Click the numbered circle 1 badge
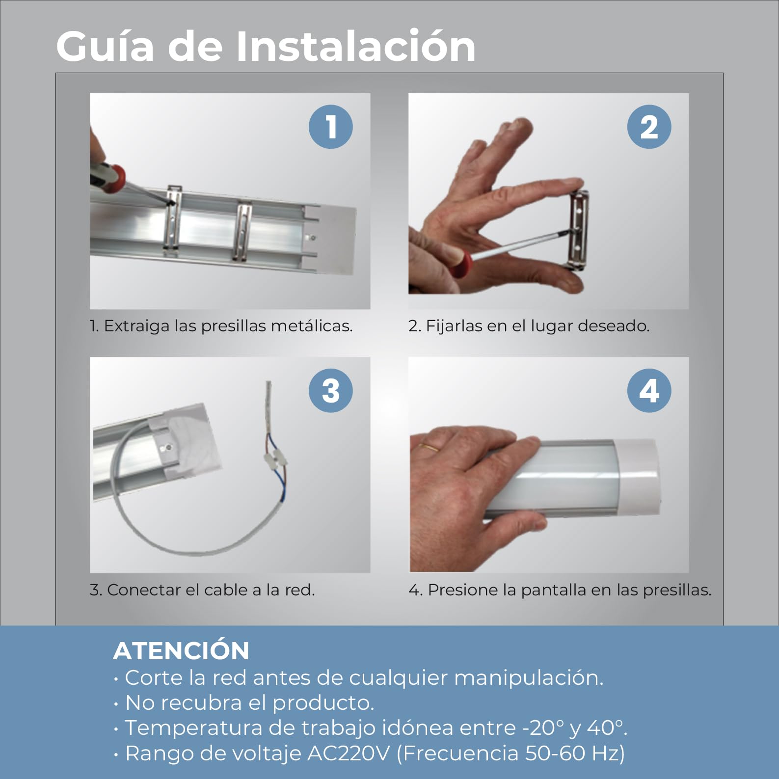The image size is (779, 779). tap(330, 127)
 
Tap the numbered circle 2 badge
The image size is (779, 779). tap(649, 127)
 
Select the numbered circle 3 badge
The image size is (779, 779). tap(330, 391)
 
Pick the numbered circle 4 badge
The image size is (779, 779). tap(649, 391)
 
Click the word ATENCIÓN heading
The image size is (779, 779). tap(181, 651)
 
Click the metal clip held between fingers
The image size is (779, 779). tap(579, 228)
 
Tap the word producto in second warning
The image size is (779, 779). tap(322, 702)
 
